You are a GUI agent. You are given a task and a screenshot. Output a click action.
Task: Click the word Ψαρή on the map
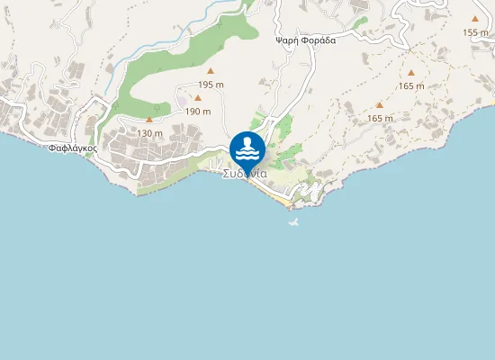coord(289,40)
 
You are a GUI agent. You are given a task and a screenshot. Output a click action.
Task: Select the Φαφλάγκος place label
coord(73,148)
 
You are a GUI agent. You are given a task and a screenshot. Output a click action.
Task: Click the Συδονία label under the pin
coord(245,174)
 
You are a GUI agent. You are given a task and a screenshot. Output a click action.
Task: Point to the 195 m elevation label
coord(211,84)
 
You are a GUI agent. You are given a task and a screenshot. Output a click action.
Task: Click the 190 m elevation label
coord(198,112)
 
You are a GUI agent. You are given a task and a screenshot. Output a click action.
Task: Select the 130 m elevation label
coord(149,133)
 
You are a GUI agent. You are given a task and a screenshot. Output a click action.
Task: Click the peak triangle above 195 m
coord(211,71)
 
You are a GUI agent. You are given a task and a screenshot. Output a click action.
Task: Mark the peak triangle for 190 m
coord(198,98)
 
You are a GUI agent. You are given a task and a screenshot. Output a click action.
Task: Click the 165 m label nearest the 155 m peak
coord(410,86)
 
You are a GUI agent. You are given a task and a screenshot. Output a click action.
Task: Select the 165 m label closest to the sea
coord(381,119)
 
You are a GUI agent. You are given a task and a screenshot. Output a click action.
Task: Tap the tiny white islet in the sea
coord(292,221)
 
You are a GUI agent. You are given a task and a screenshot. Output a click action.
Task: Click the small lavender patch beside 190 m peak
coord(185,100)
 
